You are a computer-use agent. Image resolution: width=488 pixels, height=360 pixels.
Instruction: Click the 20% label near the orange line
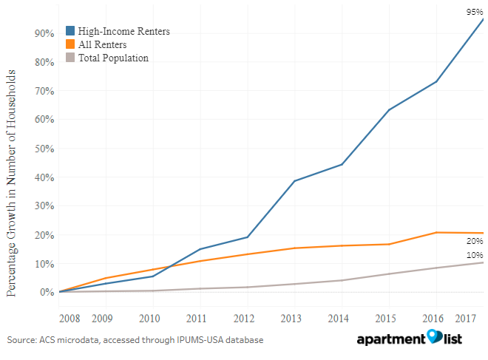tap(474, 241)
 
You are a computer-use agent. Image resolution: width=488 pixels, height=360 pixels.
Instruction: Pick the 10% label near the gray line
tap(474, 255)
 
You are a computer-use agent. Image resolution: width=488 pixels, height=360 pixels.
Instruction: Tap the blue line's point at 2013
tap(294, 180)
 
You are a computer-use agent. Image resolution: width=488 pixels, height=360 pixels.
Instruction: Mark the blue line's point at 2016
tap(436, 81)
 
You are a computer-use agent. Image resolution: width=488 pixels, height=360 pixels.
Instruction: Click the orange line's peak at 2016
tap(436, 232)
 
